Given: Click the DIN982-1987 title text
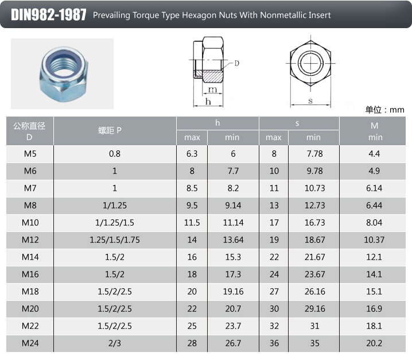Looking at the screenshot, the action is (x=49, y=15).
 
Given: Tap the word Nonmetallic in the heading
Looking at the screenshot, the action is (x=283, y=15).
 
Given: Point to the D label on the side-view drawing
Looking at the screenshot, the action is (x=237, y=63).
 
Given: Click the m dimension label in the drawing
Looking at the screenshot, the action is (x=212, y=90).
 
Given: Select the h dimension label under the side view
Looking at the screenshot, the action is (x=208, y=102).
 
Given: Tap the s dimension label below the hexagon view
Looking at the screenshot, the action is (x=310, y=100).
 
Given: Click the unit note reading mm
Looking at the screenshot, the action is (x=397, y=110).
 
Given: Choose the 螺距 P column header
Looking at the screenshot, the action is (x=110, y=130).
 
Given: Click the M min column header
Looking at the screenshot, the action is (x=375, y=131).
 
